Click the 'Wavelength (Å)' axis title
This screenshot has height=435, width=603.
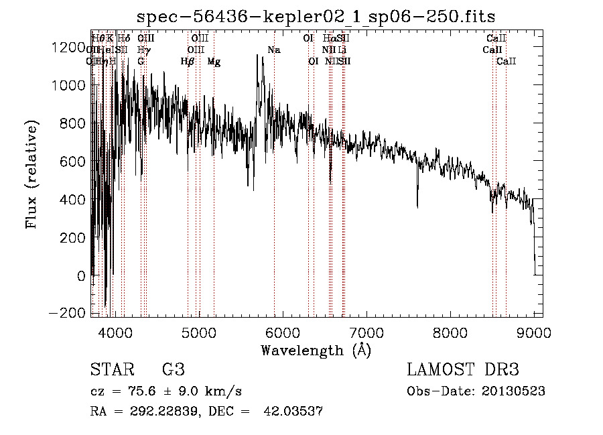point(316,350)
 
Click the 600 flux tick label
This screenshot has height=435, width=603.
point(74,162)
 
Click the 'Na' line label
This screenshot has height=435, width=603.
point(274,50)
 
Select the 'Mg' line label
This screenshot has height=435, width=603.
point(214,62)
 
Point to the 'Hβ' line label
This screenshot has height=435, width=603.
point(188,62)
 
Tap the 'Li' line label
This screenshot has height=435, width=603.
point(342,50)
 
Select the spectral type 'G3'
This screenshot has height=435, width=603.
point(173,370)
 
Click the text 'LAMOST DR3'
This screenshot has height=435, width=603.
point(463,370)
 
